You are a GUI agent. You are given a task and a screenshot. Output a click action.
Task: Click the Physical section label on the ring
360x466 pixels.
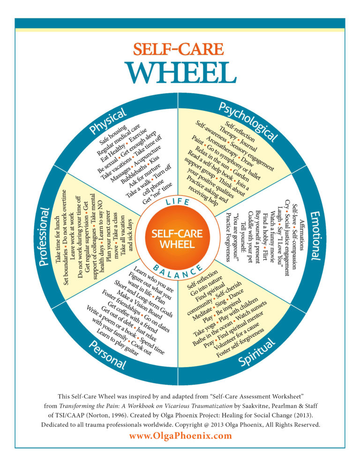pos(108,121)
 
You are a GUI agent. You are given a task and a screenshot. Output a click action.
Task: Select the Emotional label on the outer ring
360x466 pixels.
pos(316,236)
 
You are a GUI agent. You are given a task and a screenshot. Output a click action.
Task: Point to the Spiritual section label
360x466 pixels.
pos(257,353)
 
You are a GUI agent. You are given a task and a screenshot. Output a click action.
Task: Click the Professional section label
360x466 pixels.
pos(44,237)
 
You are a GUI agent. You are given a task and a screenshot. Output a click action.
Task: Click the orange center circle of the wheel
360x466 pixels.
pos(177,239)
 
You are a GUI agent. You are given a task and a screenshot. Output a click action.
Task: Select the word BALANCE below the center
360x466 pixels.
pos(178,271)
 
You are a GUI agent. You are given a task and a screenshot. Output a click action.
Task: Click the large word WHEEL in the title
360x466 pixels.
pos(182,73)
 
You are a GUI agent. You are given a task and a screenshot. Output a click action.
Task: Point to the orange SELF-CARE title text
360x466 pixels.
pos(179,49)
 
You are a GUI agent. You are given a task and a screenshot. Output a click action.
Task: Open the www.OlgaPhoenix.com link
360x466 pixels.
pos(180,436)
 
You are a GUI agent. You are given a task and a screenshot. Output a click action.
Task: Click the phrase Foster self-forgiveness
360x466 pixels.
pos(240,343)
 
